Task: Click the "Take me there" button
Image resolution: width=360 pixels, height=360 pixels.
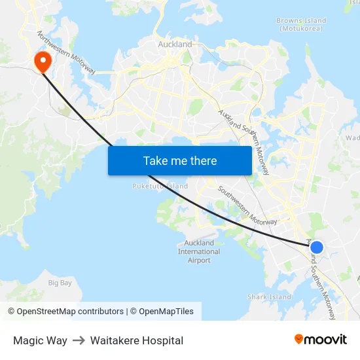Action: [x=179, y=160]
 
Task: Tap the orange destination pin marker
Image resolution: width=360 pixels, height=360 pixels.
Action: [x=43, y=62]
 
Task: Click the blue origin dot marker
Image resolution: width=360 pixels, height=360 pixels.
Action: [x=316, y=247]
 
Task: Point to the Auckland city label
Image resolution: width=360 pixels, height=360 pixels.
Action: [x=175, y=45]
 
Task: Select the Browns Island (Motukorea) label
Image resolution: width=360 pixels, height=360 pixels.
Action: [x=301, y=25]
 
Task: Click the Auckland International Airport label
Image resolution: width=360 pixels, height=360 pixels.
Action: [x=199, y=251]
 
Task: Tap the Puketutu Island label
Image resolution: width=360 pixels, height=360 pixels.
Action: [x=160, y=187]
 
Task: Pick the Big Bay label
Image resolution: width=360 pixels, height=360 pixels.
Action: [x=60, y=283]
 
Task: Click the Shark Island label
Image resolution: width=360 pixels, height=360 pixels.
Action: [x=269, y=297]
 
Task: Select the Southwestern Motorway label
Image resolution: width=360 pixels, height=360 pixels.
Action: [x=247, y=206]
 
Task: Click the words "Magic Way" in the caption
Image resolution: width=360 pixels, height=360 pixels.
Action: [x=40, y=340]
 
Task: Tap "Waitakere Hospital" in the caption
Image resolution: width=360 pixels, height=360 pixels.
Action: [x=137, y=340]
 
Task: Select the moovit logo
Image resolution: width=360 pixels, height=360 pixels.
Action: [x=320, y=339]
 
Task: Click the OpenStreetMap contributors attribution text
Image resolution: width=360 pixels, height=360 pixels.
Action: [x=65, y=312]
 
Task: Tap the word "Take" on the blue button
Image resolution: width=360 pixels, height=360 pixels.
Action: [x=155, y=160]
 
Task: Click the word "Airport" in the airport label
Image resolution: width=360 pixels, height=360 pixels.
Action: [x=199, y=260]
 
